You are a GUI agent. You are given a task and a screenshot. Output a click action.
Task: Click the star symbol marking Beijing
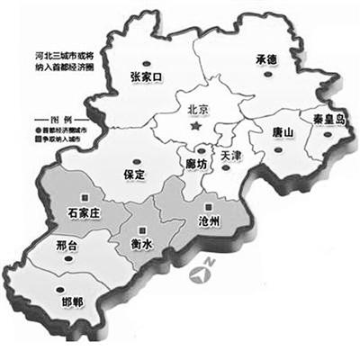point(194,130)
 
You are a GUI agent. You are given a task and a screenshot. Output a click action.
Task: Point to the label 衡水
point(134,240)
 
